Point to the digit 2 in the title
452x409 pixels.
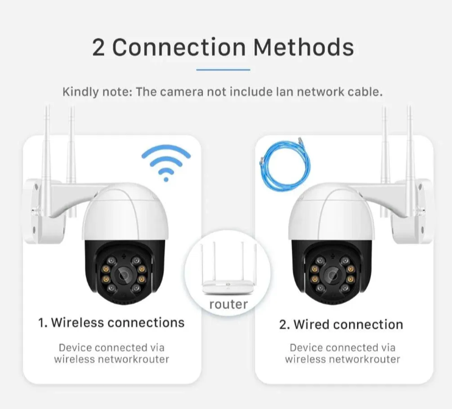[99, 47]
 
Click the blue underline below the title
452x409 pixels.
[223, 69]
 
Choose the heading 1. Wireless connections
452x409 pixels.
[111, 322]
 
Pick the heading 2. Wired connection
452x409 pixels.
[341, 324]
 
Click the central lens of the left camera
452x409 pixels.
[124, 275]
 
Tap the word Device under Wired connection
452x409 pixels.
[306, 347]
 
